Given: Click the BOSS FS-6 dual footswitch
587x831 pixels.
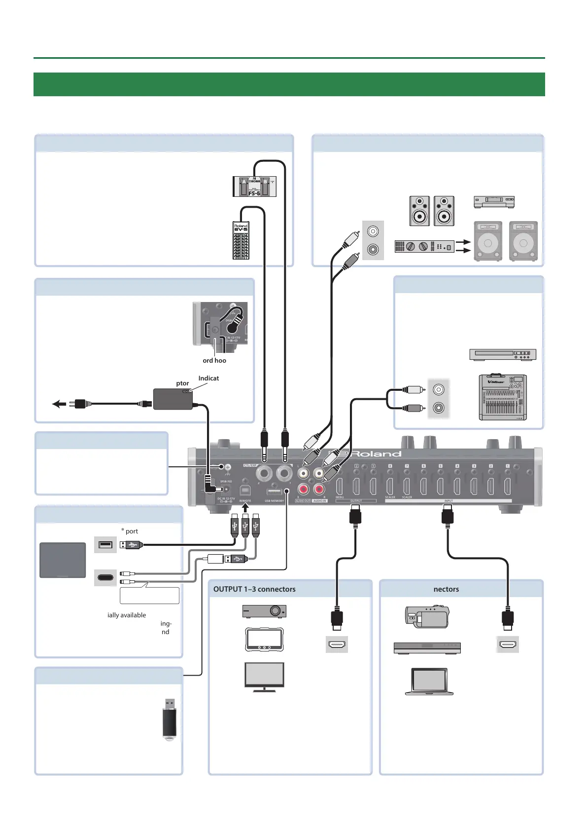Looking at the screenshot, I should [x=254, y=187].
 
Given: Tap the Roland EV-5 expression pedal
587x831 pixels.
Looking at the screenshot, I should [x=241, y=240].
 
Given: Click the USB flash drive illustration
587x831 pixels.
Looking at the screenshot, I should [x=170, y=718].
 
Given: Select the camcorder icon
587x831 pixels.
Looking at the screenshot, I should [x=427, y=616].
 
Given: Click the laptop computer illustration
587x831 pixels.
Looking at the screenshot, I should [x=429, y=681].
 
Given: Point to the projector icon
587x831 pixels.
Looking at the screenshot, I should [x=264, y=611].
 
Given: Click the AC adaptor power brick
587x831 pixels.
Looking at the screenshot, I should [x=173, y=399].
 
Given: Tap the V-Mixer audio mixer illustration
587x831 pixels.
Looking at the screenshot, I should [x=503, y=398].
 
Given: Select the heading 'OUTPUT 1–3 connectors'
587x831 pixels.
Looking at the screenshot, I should [x=254, y=589].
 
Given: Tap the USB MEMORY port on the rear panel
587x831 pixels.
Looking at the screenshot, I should [x=274, y=492].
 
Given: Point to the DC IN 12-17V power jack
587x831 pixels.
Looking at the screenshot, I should [x=226, y=490].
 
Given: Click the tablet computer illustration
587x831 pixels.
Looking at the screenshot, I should [x=63, y=560].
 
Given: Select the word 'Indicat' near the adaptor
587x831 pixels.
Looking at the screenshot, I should [x=208, y=378].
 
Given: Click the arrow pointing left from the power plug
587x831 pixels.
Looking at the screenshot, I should [x=58, y=404].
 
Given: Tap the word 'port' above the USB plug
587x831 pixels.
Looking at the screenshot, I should [x=132, y=531].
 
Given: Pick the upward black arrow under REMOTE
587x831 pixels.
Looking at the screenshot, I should [x=245, y=507].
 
